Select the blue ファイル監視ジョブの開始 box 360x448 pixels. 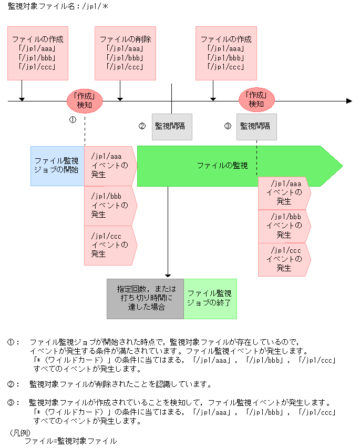tap(57, 166)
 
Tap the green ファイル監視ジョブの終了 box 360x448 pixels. tap(210, 298)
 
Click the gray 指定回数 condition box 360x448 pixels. tap(145, 298)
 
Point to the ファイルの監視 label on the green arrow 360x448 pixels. tap(222, 166)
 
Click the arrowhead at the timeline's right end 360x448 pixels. tap(348, 100)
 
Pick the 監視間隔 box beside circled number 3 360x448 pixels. tap(256, 126)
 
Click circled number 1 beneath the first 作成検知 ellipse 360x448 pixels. tap(73, 120)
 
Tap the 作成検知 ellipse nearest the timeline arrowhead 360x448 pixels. tap(256, 100)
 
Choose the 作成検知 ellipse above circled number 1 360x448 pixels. tap(84, 100)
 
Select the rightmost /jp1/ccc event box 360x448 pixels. tap(284, 259)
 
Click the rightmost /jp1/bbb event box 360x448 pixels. tap(284, 226)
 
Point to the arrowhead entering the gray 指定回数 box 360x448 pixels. tap(168, 275)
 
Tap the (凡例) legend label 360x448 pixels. tap(21, 433)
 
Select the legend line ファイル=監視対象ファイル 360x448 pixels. tap(70, 441)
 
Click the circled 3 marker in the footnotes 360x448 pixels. tap(13, 403)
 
